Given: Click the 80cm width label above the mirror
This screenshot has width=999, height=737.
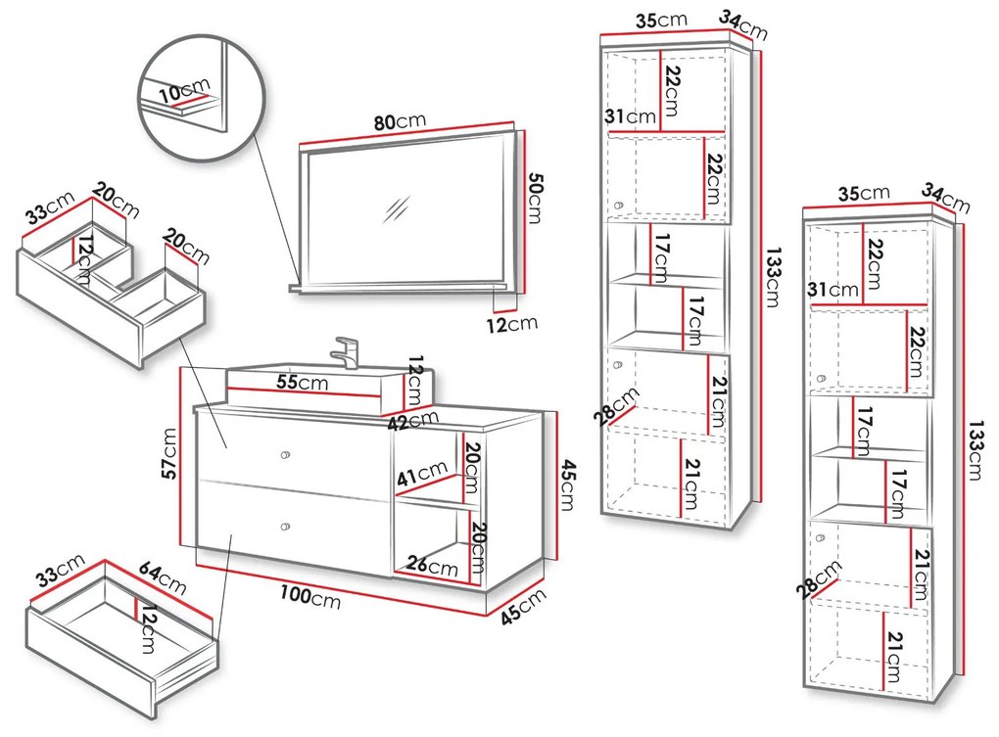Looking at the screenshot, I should [x=399, y=122].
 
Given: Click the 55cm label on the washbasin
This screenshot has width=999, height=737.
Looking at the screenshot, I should [x=301, y=383].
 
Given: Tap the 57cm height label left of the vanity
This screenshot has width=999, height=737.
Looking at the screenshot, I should [x=169, y=453].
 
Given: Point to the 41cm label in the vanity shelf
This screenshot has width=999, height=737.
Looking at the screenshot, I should [x=420, y=477].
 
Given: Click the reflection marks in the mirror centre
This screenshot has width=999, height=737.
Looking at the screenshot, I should [x=397, y=209].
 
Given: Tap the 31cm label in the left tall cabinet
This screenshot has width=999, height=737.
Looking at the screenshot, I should [x=630, y=117].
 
